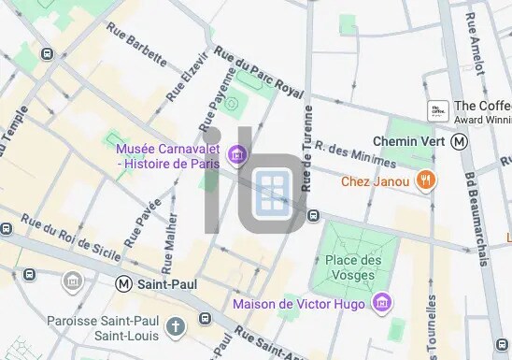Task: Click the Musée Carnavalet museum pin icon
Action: pyautogui.click(x=237, y=153)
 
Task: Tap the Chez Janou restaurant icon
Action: pyautogui.click(x=426, y=180)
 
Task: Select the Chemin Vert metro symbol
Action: pyautogui.click(x=459, y=141)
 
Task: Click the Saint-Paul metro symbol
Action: pyautogui.click(x=124, y=282)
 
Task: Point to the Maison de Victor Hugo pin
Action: pyautogui.click(x=380, y=302)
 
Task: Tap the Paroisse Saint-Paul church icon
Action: pyautogui.click(x=176, y=326)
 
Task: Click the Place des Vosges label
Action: pyautogui.click(x=354, y=267)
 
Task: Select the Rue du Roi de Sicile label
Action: pyautogui.click(x=64, y=236)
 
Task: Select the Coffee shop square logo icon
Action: pyautogui.click(x=437, y=111)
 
